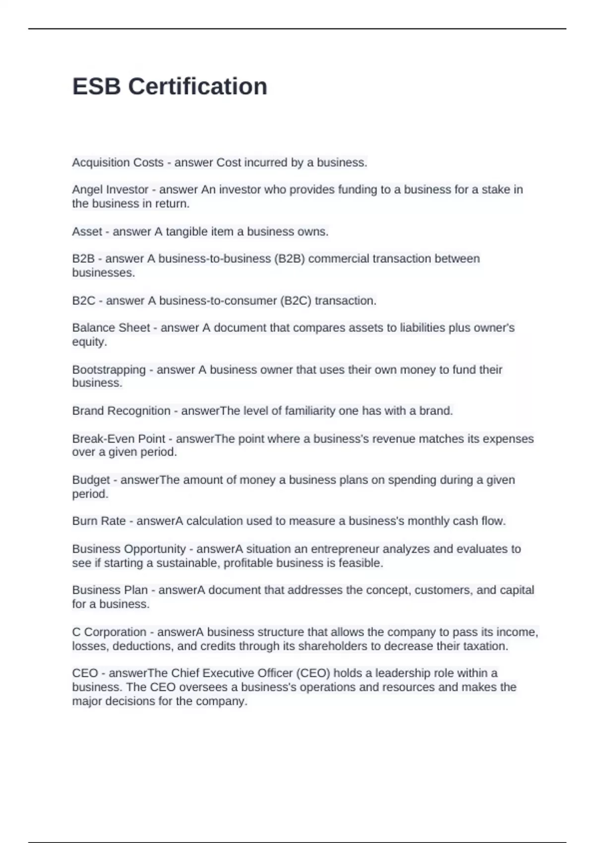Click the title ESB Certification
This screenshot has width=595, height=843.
coord(170,86)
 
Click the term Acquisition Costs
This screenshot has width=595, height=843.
coord(118,163)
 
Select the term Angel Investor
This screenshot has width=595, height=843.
coord(110,189)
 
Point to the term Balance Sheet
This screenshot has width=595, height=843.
coord(111,328)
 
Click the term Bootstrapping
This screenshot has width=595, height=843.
coord(109,369)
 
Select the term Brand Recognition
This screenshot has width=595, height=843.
coord(121,411)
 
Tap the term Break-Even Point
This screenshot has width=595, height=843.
coord(119,439)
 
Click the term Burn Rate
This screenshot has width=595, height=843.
coord(99,521)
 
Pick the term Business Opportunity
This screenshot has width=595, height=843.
coord(129,549)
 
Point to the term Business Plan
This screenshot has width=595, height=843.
coord(110,590)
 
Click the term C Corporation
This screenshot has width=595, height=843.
coord(109,632)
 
